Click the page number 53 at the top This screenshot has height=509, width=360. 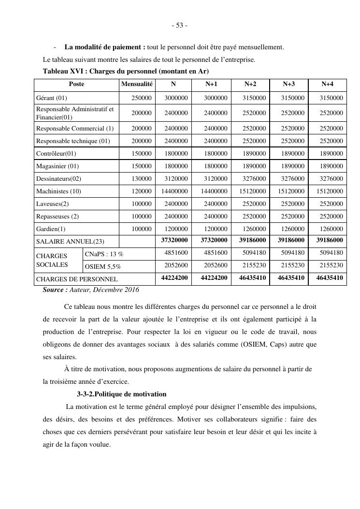coord(180,26)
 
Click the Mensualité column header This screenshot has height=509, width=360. coord(137,84)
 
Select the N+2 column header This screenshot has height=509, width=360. coord(250,84)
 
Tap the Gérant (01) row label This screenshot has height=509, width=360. coord(52,98)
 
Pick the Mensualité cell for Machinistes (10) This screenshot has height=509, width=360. coord(142,191)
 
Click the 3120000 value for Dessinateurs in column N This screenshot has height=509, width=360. coord(176,179)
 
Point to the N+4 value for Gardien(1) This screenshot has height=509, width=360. coord(331,229)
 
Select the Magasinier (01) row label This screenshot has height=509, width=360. coord(58,166)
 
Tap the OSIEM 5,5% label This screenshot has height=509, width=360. coord(103,266)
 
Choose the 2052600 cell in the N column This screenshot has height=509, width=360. coord(176,266)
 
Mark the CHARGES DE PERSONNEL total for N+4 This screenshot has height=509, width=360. coord(330,278)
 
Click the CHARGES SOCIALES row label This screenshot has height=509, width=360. coord(52,260)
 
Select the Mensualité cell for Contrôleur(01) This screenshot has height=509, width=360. coord(142,154)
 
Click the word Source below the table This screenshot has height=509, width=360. coord(54,290)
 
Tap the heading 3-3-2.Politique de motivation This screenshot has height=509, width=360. coord(121,394)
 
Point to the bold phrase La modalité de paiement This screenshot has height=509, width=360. coord(104,47)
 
